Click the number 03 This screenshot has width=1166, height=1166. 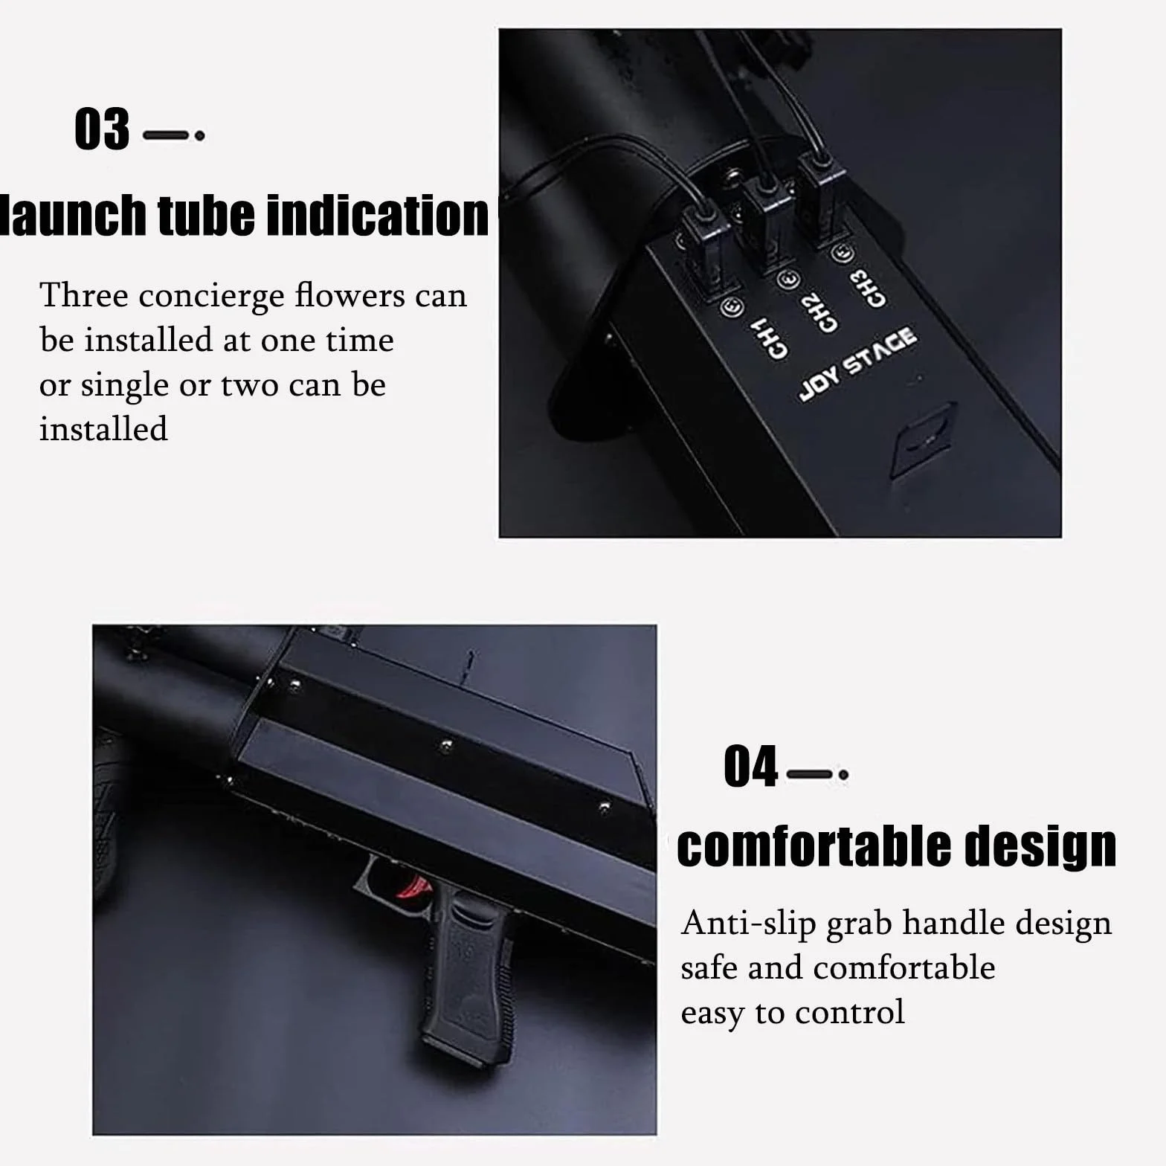(x=102, y=129)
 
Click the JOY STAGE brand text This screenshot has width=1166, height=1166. (x=857, y=364)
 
